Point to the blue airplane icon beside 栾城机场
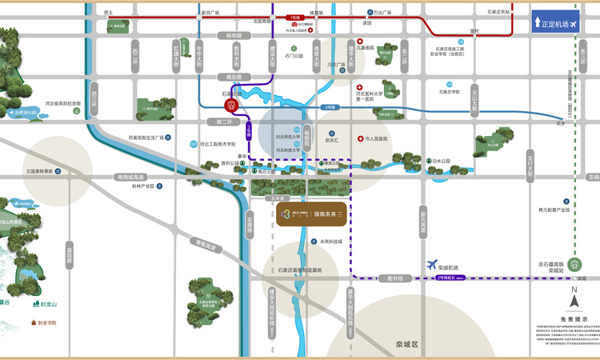(x=434, y=264)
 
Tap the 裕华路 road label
(x=234, y=35)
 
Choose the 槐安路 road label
(x=234, y=77)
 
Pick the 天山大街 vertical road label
(x=474, y=98)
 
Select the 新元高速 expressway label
(x=422, y=217)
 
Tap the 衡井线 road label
(x=395, y=278)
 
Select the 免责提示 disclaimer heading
(x=574, y=317)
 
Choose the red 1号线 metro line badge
(x=294, y=15)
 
